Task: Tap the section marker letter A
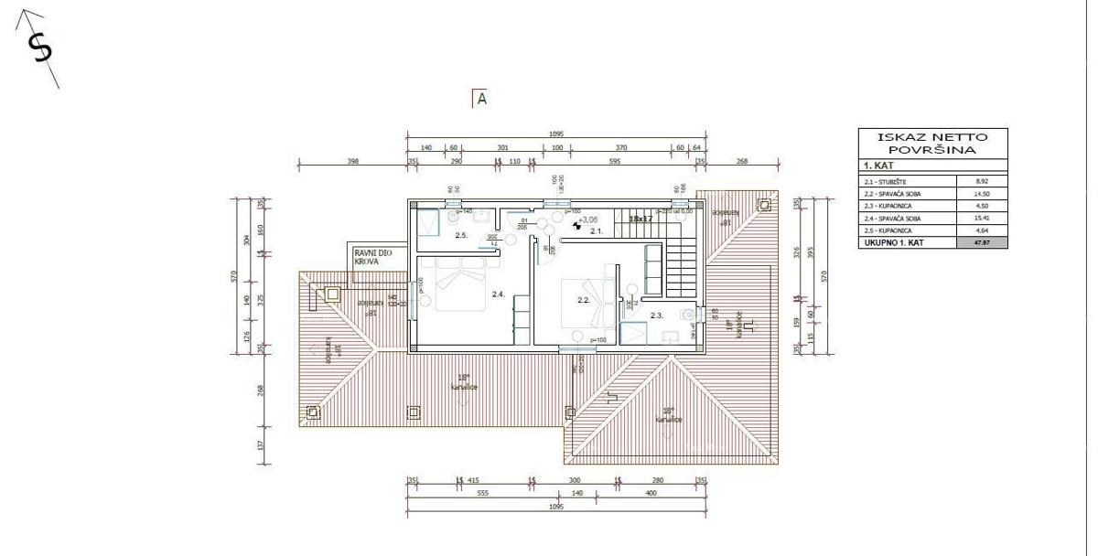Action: [481, 99]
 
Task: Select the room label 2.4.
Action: [499, 294]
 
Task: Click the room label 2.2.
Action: [584, 300]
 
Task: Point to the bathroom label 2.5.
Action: [461, 236]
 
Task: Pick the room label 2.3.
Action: [656, 315]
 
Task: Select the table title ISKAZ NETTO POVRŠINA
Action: [932, 143]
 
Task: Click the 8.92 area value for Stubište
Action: [982, 181]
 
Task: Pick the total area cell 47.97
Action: [982, 243]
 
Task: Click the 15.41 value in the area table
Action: [982, 219]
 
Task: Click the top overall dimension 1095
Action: [556, 134]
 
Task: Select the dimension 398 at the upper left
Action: [353, 161]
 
